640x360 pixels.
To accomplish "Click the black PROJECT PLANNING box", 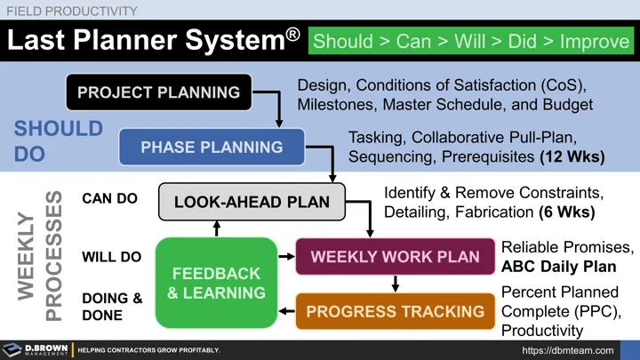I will pyautogui.click(x=158, y=92).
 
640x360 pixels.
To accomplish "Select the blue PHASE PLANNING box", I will pyautogui.click(x=211, y=148).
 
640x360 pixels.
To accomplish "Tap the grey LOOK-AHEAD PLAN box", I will pyautogui.click(x=252, y=202).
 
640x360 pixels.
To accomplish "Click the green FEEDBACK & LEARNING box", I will pyautogui.click(x=218, y=283).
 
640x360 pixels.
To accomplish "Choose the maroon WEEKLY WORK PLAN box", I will pyautogui.click(x=394, y=257).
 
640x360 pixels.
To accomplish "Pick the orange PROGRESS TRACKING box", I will pyautogui.click(x=395, y=311).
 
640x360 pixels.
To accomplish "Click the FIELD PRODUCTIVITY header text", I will pyautogui.click(x=73, y=11).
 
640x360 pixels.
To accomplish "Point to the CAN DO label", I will pyautogui.click(x=109, y=198).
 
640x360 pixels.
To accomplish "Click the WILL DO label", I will pyautogui.click(x=111, y=258).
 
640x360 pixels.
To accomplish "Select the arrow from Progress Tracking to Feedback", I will pyautogui.click(x=287, y=311).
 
